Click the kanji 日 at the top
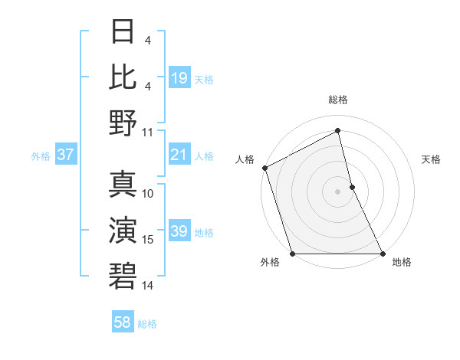pyautogui.click(x=123, y=31)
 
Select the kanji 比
pyautogui.click(x=123, y=76)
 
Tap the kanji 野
pyautogui.click(x=123, y=122)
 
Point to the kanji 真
pyautogui.click(x=123, y=184)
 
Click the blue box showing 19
pyautogui.click(x=179, y=78)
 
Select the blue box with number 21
pyautogui.click(x=179, y=155)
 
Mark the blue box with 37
pyautogui.click(x=66, y=155)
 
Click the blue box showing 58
pyautogui.click(x=123, y=323)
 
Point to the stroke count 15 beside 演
pyautogui.click(x=148, y=240)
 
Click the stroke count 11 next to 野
pyautogui.click(x=148, y=132)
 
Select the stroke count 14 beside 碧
pyautogui.click(x=148, y=285)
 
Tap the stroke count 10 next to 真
pyautogui.click(x=148, y=193)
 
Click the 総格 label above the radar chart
pyautogui.click(x=337, y=100)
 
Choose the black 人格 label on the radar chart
pyautogui.click(x=245, y=159)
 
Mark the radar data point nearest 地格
pyautogui.click(x=382, y=254)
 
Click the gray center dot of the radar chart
pyautogui.click(x=337, y=191)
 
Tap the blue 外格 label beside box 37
pyautogui.click(x=41, y=156)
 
